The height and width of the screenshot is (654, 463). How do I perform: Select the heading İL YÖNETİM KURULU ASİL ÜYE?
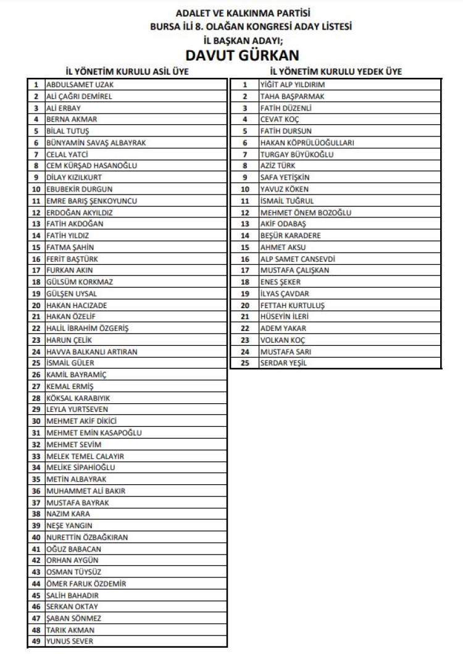click(127, 72)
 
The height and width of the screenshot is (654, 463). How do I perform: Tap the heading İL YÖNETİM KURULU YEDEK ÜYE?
click(336, 72)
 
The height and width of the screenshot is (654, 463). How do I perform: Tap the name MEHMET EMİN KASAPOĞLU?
click(94, 433)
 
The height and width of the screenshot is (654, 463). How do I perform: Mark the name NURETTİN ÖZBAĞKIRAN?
click(87, 537)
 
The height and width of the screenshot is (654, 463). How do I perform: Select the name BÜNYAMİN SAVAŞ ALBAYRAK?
click(96, 143)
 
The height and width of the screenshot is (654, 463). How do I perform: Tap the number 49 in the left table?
click(36, 642)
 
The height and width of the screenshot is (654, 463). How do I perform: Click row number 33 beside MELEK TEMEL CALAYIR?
click(36, 456)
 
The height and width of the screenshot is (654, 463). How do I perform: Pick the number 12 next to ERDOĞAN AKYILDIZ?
click(36, 212)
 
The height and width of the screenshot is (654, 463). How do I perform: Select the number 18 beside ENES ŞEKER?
click(245, 282)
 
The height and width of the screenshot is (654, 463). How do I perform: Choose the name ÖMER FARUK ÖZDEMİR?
click(86, 584)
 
